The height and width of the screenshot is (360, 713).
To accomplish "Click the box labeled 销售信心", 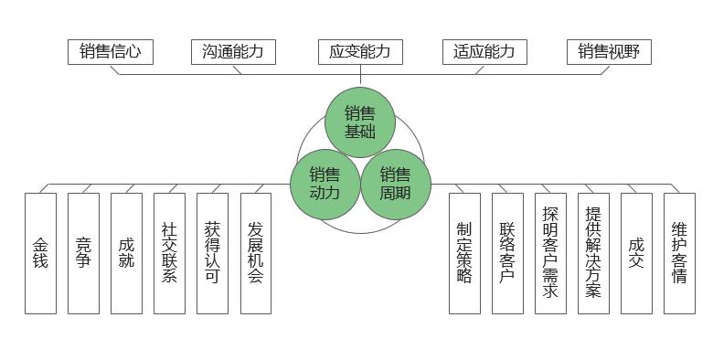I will tap(111, 52).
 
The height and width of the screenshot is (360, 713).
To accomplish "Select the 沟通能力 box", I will tap(233, 52).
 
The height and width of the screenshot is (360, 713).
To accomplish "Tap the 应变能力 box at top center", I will tap(359, 52).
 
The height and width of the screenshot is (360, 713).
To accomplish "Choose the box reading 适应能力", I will tap(484, 52).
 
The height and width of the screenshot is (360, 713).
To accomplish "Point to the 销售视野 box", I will tap(609, 52).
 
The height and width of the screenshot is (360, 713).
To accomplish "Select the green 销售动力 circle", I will tap(325, 183).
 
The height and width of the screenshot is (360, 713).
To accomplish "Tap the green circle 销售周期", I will tap(395, 183).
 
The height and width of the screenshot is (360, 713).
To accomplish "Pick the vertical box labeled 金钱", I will tap(40, 253).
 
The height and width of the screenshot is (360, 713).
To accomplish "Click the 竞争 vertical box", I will tap(83, 253).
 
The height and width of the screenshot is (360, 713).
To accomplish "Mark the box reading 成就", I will tap(126, 253).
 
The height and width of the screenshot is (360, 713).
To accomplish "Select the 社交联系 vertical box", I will tap(169, 253).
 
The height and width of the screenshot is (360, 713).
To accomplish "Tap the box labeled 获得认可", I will tap(212, 253).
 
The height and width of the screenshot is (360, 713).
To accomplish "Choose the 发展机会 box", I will tap(256, 253).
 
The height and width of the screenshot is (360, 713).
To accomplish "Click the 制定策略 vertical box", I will tap(464, 253).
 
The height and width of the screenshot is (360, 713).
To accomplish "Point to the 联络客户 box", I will tap(507, 253).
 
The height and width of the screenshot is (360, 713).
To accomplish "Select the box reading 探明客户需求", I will tap(550, 253).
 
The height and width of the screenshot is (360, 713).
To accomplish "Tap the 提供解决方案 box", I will tap(593, 253).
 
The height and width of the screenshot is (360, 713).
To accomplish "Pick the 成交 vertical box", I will tap(636, 253).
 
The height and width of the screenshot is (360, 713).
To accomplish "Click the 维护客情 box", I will tap(679, 253).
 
